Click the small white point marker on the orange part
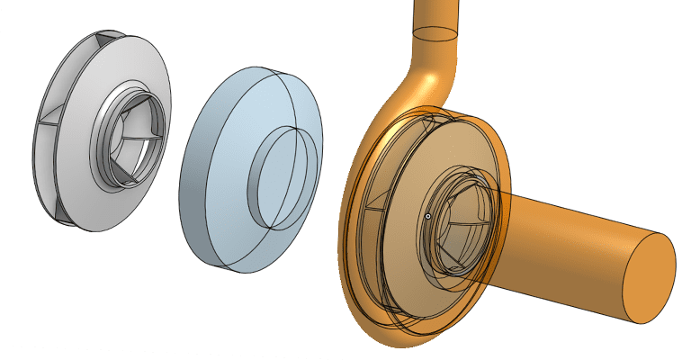click(428, 216)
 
